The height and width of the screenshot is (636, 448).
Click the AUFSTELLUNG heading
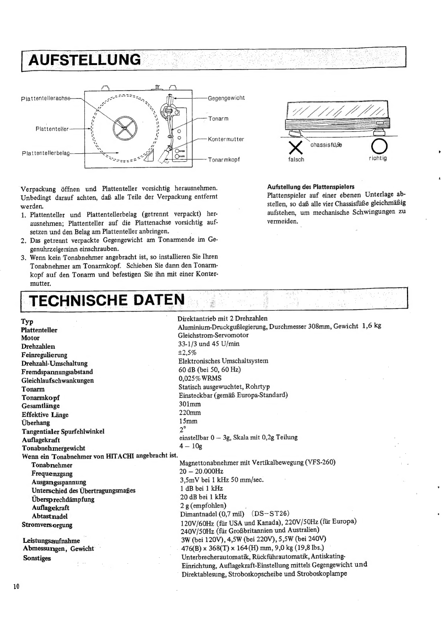[x=84, y=60]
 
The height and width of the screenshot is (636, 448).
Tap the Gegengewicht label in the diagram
[x=226, y=98]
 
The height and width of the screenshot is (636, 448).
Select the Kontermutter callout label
[x=226, y=139]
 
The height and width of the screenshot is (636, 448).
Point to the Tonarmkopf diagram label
[x=224, y=159]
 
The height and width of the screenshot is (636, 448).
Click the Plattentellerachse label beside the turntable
[x=46, y=98]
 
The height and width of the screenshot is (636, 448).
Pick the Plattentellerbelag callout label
[x=46, y=153]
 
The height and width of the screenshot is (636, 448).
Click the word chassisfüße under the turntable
[x=326, y=145]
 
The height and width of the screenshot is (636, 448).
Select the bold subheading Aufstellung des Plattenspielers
[x=311, y=187]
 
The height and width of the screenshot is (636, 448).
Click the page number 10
[x=16, y=586]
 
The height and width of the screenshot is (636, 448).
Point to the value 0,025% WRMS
[x=200, y=378]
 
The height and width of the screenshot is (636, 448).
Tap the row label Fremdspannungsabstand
[x=57, y=372]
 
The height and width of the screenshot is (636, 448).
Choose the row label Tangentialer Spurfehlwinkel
[x=63, y=431]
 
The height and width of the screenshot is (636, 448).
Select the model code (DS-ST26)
[x=271, y=514]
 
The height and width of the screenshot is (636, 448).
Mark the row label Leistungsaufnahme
[x=51, y=541]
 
